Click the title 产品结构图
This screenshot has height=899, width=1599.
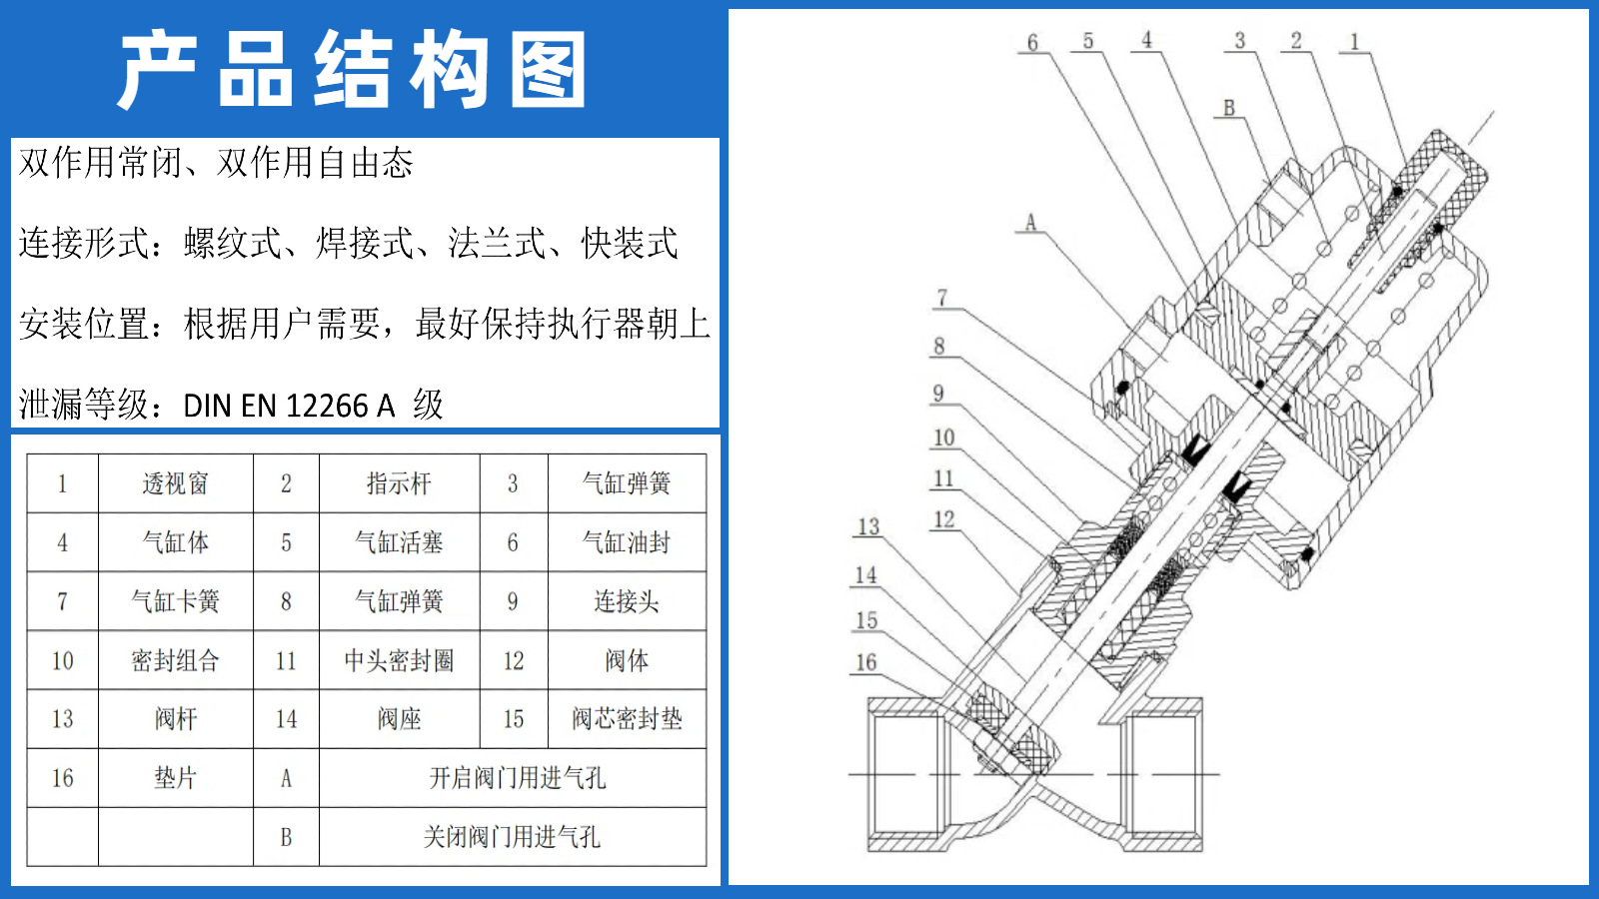[x=352, y=70]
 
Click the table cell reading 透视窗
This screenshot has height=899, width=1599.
[x=175, y=483]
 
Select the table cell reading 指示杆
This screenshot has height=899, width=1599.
[x=398, y=483]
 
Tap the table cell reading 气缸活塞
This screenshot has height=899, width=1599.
[x=398, y=542]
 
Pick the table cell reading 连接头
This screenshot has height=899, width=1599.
[x=627, y=601]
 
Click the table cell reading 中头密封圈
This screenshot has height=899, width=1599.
[x=398, y=660]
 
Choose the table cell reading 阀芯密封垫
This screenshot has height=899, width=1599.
[x=627, y=719]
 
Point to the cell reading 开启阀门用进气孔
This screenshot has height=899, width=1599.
[x=517, y=778]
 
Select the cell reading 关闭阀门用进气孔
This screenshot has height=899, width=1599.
[x=512, y=837]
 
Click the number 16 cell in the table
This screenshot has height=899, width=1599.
[x=62, y=778]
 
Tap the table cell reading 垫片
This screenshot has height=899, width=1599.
[x=175, y=778]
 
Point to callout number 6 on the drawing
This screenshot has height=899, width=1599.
[x=1032, y=42]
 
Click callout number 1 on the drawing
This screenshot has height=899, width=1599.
[x=1354, y=42]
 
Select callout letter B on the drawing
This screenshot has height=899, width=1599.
[x=1228, y=108]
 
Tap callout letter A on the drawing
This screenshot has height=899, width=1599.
[x=1030, y=222]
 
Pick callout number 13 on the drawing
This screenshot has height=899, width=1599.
[x=867, y=526]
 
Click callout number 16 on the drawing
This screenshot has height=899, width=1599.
[x=865, y=662]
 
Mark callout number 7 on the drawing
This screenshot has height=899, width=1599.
[x=941, y=298]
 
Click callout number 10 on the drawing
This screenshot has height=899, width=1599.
[x=943, y=438]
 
